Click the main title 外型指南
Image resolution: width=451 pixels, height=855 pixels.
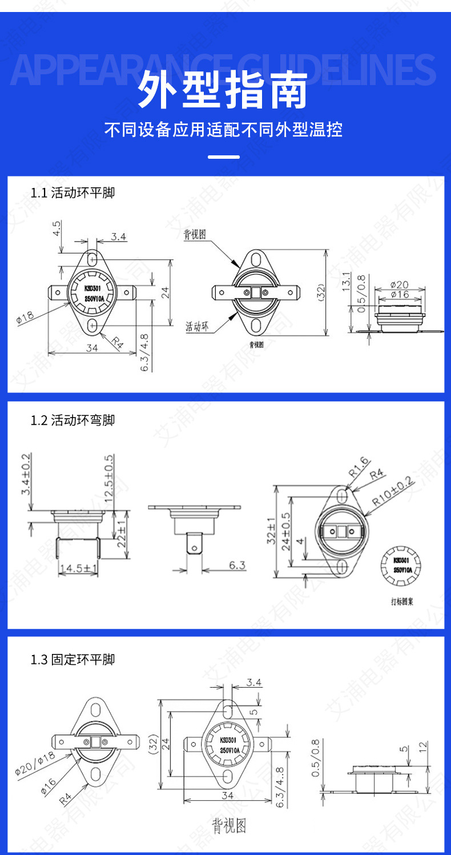225,90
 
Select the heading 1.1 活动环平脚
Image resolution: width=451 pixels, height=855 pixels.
73,192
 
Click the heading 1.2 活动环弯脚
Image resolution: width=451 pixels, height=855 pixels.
73,420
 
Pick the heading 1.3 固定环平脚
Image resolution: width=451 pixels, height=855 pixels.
73,660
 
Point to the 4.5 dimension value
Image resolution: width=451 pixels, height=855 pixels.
57,228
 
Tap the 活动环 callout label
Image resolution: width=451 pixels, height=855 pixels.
198,327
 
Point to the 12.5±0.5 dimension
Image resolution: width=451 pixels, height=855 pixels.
109,476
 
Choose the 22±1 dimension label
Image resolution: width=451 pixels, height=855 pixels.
121,532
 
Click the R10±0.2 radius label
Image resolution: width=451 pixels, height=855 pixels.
392,490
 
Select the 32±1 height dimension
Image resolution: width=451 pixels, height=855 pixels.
271,530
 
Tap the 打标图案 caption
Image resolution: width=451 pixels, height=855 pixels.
402,602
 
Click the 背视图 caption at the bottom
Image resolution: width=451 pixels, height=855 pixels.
229,826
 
